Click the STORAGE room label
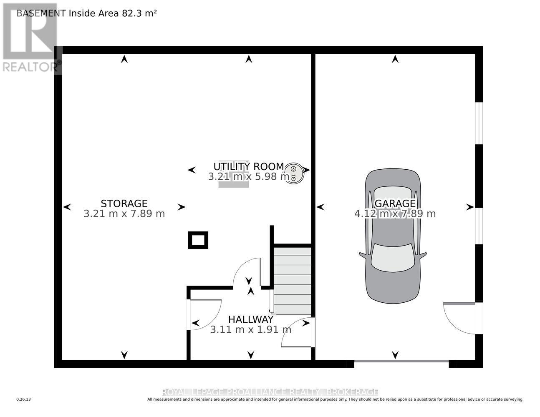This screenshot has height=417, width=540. tap(124, 203)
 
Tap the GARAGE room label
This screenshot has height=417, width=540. tap(395, 203)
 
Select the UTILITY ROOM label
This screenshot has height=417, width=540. tap(249, 167)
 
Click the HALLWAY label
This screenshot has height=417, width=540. tap(250, 319)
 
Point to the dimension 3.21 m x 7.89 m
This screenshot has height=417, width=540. tap(124, 214)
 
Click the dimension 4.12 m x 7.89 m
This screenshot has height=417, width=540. tap(395, 214)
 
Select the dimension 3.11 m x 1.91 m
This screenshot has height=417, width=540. tap(250, 330)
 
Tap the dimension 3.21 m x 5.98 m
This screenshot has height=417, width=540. tap(249, 177)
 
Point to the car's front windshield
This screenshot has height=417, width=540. tap(393, 257)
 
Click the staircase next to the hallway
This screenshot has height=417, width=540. tap(293, 280)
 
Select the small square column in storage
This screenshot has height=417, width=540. tap(198, 240)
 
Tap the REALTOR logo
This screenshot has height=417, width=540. tap(30, 38)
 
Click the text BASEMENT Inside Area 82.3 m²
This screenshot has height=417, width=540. tap(86, 13)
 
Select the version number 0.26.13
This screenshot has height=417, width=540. tap(24, 399)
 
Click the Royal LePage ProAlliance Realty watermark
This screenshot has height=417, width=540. tap(270, 392)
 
